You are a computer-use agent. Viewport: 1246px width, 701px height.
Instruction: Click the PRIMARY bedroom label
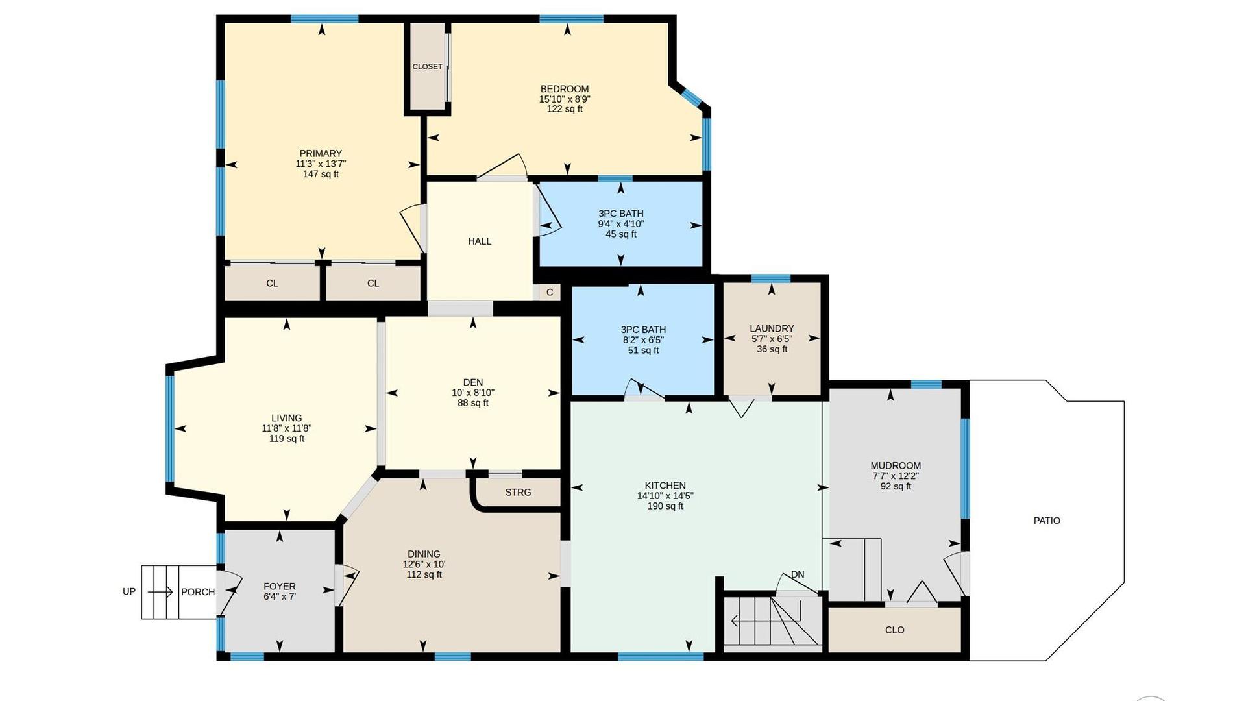321,154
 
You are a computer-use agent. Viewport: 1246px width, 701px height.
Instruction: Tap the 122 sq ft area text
565,109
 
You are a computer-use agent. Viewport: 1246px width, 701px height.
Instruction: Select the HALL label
480,241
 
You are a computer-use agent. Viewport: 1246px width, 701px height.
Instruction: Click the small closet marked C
550,292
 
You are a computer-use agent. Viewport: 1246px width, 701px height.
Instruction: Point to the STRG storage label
518,492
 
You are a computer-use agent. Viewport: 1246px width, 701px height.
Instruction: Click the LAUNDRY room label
772,328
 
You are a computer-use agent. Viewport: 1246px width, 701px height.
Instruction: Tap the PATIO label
1047,521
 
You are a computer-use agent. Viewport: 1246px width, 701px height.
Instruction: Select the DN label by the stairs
798,574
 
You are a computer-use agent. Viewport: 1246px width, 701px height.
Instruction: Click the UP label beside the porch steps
129,591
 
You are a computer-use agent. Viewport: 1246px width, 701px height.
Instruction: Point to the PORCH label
198,592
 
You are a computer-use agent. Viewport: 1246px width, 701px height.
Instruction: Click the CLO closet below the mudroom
894,630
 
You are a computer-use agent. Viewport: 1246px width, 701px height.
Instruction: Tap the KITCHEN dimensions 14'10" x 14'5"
665,496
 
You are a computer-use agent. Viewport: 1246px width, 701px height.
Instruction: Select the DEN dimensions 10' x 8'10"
473,393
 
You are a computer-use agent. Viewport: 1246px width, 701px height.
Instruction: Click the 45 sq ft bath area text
621,234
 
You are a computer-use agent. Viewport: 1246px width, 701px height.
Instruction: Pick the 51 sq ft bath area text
643,350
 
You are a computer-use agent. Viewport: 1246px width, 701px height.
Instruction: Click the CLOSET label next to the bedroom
428,66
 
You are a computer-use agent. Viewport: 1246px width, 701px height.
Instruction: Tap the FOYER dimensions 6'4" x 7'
280,596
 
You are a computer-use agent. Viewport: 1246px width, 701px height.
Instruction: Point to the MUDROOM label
896,465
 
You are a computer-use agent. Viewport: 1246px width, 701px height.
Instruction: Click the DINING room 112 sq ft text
424,575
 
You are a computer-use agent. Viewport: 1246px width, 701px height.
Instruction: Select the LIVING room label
286,418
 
